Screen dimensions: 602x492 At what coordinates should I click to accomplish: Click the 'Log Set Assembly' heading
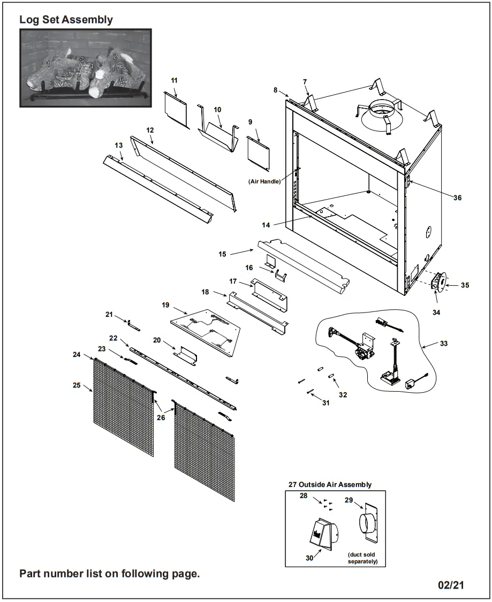(66, 20)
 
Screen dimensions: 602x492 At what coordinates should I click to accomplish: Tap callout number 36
(457, 197)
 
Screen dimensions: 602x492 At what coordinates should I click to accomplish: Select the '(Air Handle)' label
(264, 181)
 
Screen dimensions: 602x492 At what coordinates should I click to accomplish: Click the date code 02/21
(451, 585)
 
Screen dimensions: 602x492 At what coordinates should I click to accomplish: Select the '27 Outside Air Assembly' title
(329, 484)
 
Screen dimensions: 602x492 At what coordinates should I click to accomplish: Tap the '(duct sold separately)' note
(362, 558)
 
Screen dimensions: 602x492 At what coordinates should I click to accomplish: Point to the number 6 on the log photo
(122, 79)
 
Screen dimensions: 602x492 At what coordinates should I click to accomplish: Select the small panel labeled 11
(177, 109)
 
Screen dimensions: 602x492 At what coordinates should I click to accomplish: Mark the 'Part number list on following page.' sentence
(109, 574)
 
